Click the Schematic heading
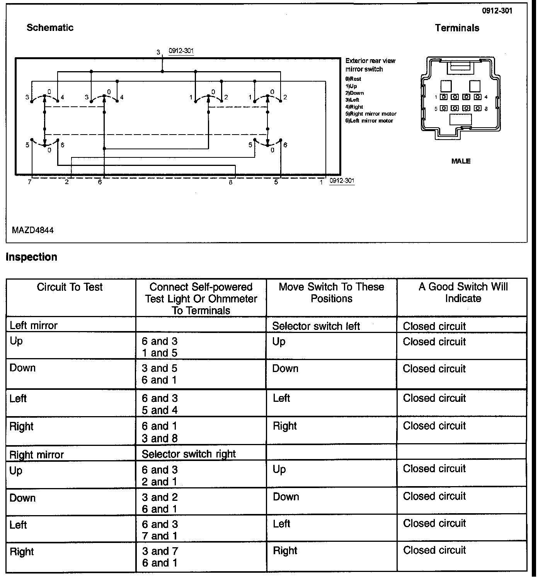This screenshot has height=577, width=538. [x=50, y=27]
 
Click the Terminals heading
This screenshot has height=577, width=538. [x=457, y=28]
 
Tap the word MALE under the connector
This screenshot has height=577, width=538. [x=461, y=161]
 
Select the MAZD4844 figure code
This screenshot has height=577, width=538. [x=33, y=230]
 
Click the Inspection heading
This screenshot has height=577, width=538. [x=31, y=257]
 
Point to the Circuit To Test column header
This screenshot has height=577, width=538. [x=70, y=287]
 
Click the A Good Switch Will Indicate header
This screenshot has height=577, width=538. [x=463, y=292]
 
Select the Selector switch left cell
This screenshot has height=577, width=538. [x=316, y=326]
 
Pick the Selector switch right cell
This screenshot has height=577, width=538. [x=189, y=454]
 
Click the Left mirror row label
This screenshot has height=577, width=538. [x=34, y=326]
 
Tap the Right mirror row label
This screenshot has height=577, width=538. [x=37, y=455]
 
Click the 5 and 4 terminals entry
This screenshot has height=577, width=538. [x=160, y=410]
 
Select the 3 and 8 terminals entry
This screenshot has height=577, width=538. [x=160, y=438]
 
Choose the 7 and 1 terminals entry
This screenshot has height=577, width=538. [x=160, y=536]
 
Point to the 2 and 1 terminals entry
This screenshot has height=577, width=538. [x=160, y=482]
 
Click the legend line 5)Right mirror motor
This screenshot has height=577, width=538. [x=371, y=114]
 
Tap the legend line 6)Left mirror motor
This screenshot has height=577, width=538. [x=369, y=121]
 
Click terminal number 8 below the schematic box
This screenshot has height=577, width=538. [x=231, y=183]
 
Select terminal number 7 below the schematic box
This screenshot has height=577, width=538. [x=30, y=182]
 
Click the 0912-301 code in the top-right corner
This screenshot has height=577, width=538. [x=497, y=11]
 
